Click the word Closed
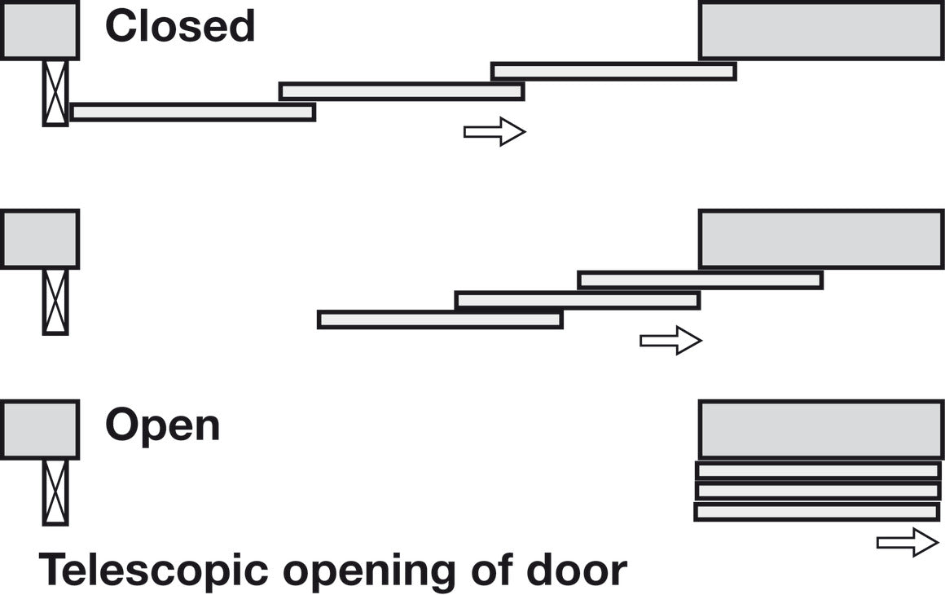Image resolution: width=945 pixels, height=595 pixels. coord(180,26)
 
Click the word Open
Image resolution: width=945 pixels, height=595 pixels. coord(163,425)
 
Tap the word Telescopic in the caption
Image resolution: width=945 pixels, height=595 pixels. coord(153,570)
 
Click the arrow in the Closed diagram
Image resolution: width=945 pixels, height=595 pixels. coord(494,131)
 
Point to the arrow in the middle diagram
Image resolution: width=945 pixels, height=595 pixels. coord(670,341)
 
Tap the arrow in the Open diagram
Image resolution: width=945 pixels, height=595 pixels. coord(908,542)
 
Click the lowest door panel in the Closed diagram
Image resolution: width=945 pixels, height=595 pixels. coord(193,112)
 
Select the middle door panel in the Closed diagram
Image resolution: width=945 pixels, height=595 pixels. coord(402,91)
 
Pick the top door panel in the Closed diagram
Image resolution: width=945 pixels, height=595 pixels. coord(613,72)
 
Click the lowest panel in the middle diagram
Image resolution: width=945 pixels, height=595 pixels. coord(440,320)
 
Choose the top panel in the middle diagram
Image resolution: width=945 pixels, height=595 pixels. coord(701,280)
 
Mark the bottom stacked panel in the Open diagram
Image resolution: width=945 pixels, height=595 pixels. coord(817,512)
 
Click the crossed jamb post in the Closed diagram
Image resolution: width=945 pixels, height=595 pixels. coord(55,93)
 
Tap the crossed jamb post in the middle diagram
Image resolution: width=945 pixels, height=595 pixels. coord(55,302)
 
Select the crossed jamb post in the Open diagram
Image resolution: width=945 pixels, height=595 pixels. coord(55,492)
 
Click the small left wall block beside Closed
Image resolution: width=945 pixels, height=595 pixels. coord(40,30)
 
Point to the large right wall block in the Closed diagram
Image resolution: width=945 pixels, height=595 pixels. coord(821,30)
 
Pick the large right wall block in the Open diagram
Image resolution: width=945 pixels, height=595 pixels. coord(821,430)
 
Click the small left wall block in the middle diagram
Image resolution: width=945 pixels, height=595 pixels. coord(40,239)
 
